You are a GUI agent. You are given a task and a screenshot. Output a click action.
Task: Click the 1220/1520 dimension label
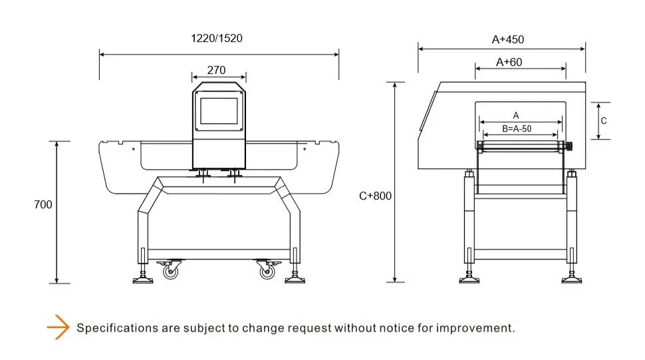tap(217, 39)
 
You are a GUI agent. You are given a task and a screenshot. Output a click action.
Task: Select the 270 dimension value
tap(216, 71)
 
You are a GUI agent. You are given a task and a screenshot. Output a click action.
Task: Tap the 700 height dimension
tap(43, 204)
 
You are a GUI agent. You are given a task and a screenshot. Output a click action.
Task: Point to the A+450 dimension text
tap(507, 39)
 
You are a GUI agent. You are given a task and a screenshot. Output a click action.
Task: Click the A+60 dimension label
tap(509, 62)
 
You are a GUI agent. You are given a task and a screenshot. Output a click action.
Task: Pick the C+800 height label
tap(375, 196)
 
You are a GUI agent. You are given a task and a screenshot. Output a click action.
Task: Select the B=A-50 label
tap(517, 129)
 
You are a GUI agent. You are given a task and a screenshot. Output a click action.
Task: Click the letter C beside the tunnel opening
tap(604, 120)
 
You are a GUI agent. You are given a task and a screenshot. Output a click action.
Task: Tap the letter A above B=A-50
tap(516, 116)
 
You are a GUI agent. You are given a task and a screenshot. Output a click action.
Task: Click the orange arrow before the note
tap(58, 327)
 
